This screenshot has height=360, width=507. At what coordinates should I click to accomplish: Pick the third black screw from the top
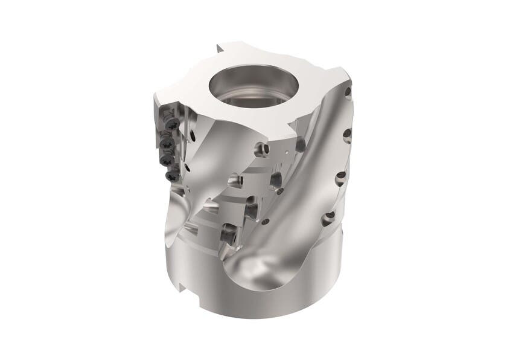(168, 158)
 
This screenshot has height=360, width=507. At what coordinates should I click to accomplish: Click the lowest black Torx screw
(170, 176)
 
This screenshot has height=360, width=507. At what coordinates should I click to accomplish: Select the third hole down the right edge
(341, 175)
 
